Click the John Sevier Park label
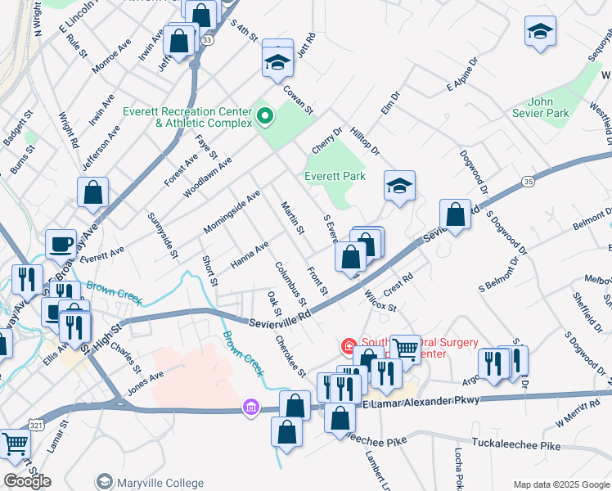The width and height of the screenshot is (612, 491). coord(539,109)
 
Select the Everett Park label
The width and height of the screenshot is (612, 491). coord(335,176)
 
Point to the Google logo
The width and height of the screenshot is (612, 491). coord(27,480)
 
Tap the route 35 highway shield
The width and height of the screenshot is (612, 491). coord(529,180)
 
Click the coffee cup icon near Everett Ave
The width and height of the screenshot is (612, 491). coord(61,243)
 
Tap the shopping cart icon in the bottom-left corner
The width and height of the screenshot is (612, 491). coord(16,444)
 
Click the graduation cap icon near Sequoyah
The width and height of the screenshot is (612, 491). coord(539,33)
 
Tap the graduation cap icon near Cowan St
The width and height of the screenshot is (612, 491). coord(278,63)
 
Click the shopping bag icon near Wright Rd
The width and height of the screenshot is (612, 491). coord(93,193)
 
